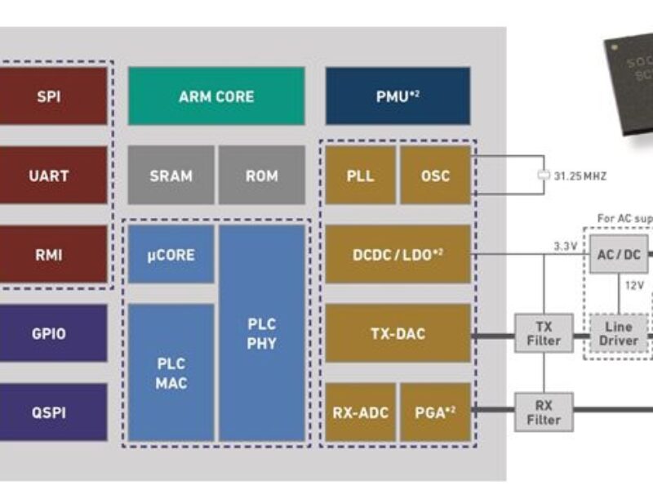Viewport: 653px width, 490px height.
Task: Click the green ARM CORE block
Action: (x=216, y=96)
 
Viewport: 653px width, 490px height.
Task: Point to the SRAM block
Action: (x=171, y=175)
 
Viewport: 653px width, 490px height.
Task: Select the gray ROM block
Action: (x=261, y=175)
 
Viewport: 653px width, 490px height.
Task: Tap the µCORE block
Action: (x=171, y=254)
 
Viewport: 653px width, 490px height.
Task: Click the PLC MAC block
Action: (x=171, y=372)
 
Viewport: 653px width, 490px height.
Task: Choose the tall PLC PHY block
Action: (x=261, y=332)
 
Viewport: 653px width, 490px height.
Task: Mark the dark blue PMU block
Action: (x=398, y=96)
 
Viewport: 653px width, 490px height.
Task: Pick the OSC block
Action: (x=435, y=175)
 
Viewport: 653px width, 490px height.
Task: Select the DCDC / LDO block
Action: (x=398, y=254)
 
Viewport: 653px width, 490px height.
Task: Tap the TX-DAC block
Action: (x=398, y=333)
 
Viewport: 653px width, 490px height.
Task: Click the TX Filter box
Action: (x=544, y=333)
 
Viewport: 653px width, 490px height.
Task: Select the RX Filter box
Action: (x=544, y=412)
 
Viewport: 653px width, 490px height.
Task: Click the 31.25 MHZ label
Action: (x=580, y=176)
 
